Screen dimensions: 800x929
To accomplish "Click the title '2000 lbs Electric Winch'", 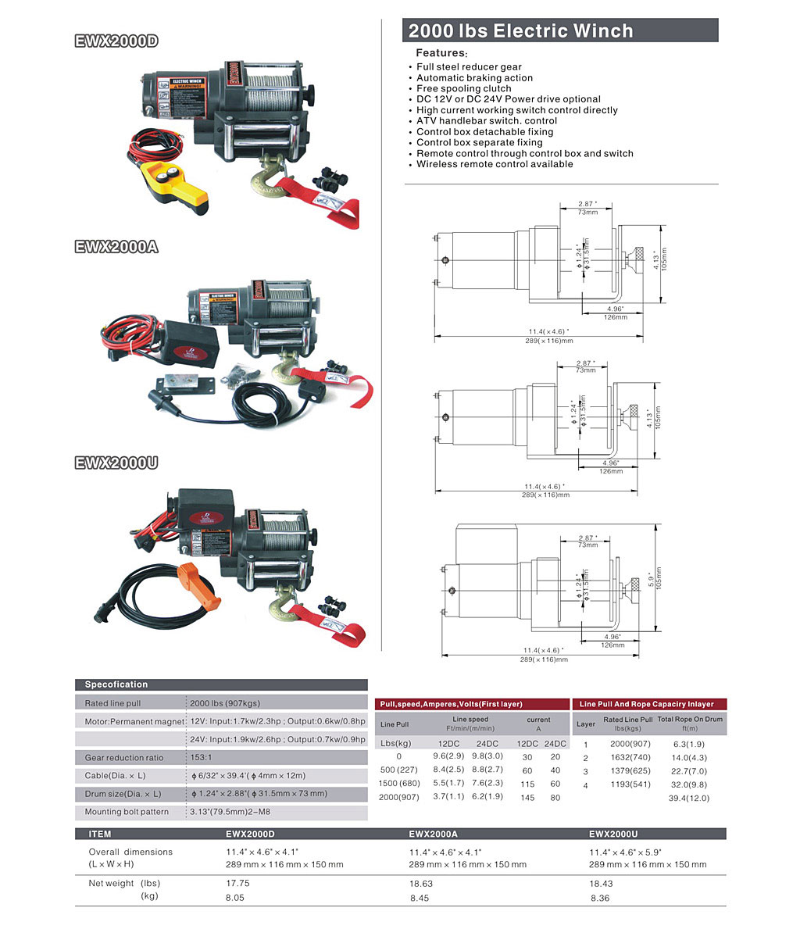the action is [520, 30].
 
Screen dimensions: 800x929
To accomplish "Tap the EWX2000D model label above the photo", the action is [116, 41].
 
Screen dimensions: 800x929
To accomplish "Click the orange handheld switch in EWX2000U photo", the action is [198, 586].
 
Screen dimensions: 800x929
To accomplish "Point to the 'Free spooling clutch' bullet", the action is [463, 88].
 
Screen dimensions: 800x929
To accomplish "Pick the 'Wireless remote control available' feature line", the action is [495, 164].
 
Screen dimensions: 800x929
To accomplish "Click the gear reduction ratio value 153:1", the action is [201, 757].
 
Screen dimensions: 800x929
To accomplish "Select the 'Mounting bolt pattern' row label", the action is [127, 812].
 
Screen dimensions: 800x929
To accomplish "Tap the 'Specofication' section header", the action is [116, 684].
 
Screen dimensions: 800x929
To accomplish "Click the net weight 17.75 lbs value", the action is [237, 883].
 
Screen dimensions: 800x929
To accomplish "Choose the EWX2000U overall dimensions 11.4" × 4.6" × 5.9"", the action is [625, 852].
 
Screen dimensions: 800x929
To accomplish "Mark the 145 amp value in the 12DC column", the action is [527, 798].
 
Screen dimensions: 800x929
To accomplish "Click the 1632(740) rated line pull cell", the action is [630, 757].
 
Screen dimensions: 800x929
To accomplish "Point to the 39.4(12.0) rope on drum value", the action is [688, 798].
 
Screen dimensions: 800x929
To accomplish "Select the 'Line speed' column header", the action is [470, 720].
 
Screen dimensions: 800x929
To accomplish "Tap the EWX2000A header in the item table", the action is [433, 834].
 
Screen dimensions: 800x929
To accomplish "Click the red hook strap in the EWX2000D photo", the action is [320, 200].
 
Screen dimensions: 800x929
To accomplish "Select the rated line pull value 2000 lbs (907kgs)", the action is [224, 703].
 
